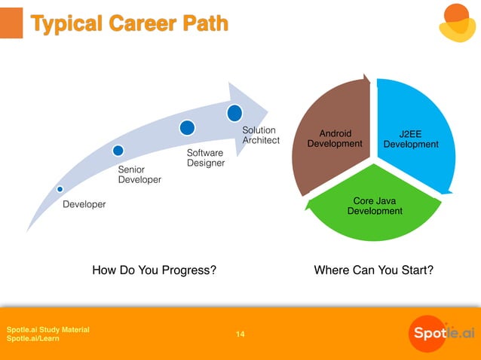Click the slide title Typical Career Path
pyautogui.click(x=129, y=23)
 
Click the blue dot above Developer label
pyautogui.click(x=60, y=188)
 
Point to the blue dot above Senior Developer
pyautogui.click(x=118, y=151)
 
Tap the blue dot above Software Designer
pyautogui.click(x=187, y=127)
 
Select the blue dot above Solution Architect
pyautogui.click(x=234, y=113)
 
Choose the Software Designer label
pyautogui.click(x=205, y=158)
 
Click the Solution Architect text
pyautogui.click(x=260, y=136)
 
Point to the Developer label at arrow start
pyautogui.click(x=84, y=204)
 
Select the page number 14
pyautogui.click(x=240, y=334)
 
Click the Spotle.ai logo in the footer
pyautogui.click(x=442, y=332)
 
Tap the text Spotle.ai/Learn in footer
pyautogui.click(x=33, y=339)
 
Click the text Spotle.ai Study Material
pyautogui.click(x=48, y=329)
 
